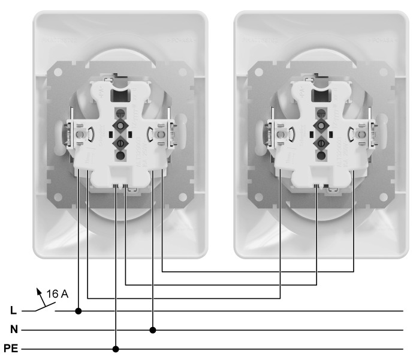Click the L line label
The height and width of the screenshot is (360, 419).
tap(13, 311)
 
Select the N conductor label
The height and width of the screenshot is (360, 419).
tap(13, 329)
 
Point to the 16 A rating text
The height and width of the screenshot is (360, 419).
tap(58, 295)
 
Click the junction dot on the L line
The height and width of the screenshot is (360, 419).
tap(79, 311)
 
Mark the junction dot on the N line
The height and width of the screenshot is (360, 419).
tap(153, 329)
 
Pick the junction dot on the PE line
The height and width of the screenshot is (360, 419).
tap(116, 349)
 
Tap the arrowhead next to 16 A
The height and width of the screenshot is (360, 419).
tap(40, 292)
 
